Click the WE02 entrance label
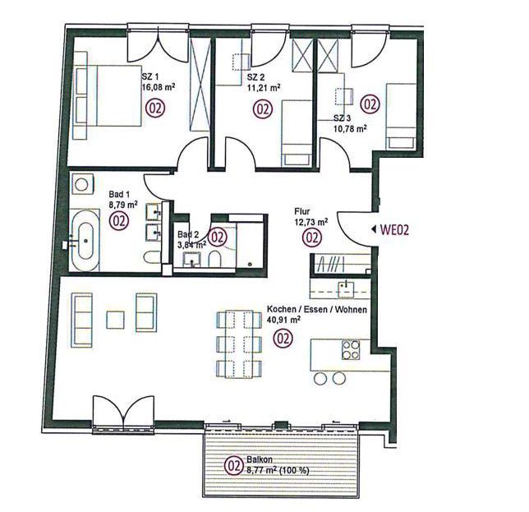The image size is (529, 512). [x=394, y=230]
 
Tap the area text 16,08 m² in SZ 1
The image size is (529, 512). [x=159, y=87]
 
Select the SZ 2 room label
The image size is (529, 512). [x=255, y=77]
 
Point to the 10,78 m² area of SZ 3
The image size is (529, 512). [x=350, y=128]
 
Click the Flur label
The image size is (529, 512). [x=302, y=211]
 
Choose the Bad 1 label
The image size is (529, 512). [x=119, y=195]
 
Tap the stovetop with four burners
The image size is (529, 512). [x=351, y=349]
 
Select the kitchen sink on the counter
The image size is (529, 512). [x=346, y=289]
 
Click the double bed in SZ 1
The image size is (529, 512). [x=108, y=95]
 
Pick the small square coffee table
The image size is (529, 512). [x=115, y=320]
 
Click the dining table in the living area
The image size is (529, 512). [x=239, y=344]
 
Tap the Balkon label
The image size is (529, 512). [x=260, y=459]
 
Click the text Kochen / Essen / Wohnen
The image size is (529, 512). [x=317, y=310]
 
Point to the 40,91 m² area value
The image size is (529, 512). [x=283, y=320]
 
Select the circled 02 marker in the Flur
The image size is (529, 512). [x=312, y=237]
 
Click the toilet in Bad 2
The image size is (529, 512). [x=214, y=259]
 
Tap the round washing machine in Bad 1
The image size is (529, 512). [x=81, y=184]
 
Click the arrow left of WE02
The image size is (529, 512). [x=374, y=230]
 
